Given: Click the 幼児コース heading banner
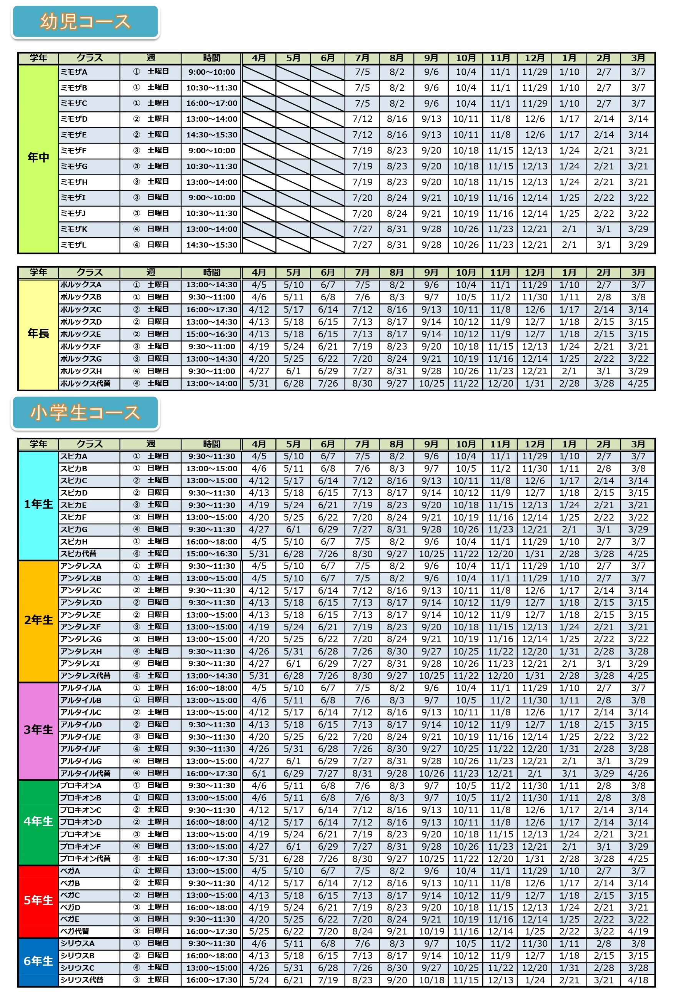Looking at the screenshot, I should (85, 22).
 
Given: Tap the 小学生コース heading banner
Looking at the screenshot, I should (85, 412).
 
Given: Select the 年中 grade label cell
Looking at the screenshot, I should (38, 158).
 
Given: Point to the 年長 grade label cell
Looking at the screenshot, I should (38, 333).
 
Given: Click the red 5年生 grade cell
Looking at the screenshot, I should (38, 900).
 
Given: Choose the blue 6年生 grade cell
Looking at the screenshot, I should (38, 961).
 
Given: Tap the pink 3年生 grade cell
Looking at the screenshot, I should (38, 730).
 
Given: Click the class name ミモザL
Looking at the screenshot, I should (74, 245).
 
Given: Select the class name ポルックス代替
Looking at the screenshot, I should (85, 383).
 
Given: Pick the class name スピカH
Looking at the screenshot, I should (74, 541).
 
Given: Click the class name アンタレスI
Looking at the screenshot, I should (80, 663).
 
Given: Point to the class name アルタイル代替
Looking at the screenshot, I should (85, 774).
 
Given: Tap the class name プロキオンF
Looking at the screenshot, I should (81, 846).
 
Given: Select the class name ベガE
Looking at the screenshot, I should (70, 919).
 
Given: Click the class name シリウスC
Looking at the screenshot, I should (77, 968).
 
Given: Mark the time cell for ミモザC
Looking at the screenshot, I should (212, 103).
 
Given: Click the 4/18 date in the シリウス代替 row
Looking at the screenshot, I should (638, 980).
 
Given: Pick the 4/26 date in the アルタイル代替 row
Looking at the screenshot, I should (638, 774).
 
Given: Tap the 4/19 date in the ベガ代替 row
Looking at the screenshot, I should (638, 931).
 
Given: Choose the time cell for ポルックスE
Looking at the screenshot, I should (212, 334).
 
